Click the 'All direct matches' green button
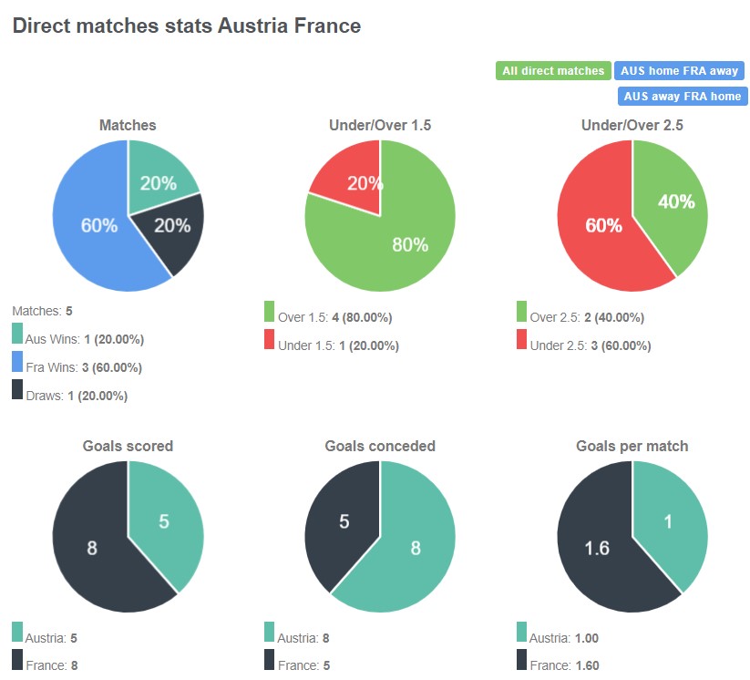(x=553, y=70)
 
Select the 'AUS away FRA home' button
(x=682, y=96)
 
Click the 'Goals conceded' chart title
(x=380, y=447)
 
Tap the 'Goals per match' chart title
(x=632, y=447)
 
